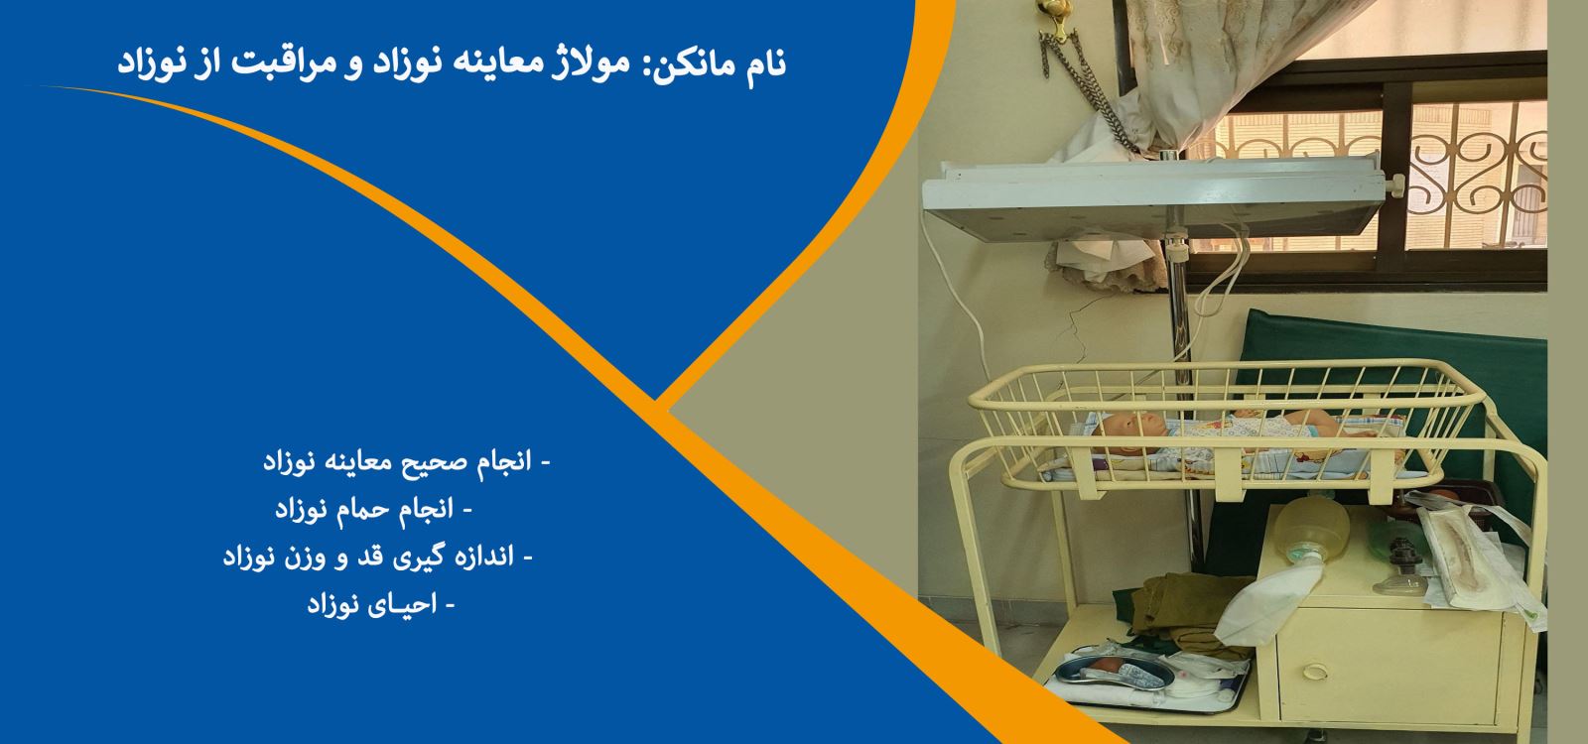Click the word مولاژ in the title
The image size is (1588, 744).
[x=584, y=62]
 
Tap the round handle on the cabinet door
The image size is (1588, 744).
[x=1315, y=671]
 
